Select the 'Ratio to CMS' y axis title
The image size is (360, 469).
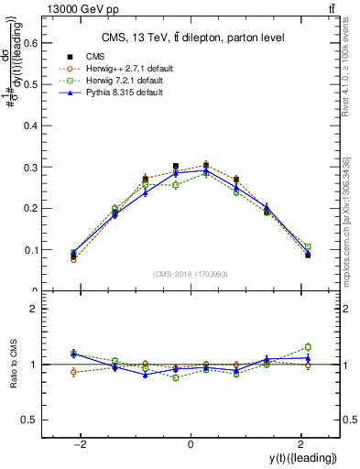click(x=14, y=364)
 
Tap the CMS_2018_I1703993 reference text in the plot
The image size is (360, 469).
click(x=190, y=274)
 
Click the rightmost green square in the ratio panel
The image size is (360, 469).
click(x=308, y=346)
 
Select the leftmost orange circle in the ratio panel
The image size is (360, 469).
click(x=73, y=372)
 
